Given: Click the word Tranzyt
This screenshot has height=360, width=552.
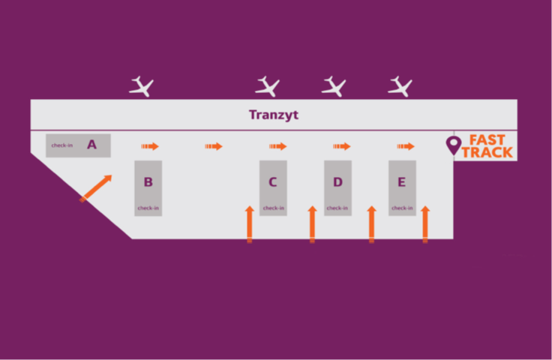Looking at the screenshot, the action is [274, 115].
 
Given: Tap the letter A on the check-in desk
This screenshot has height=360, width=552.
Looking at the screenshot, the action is [92, 145].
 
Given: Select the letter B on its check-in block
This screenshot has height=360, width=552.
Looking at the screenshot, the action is [148, 182].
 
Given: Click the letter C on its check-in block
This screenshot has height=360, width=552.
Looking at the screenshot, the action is [273, 182].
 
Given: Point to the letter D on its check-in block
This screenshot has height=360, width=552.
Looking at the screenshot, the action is [337, 182].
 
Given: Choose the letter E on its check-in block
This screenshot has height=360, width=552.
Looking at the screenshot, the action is [402, 182].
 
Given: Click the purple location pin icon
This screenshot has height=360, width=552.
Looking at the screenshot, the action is [454, 145].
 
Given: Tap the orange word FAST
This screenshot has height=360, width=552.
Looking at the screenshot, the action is [487, 140].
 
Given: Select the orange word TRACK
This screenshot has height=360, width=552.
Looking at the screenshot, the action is [487, 152].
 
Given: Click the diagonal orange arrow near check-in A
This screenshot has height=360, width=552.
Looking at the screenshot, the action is [96, 188].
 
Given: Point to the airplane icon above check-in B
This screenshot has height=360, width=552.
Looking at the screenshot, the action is [142, 86].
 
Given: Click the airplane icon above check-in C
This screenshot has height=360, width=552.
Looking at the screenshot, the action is [268, 86].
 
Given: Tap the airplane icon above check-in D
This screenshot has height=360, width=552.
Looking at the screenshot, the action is [334, 86].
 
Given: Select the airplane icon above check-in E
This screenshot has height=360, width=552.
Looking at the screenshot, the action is [400, 86].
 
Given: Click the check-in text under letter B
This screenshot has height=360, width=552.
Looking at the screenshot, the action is [148, 208].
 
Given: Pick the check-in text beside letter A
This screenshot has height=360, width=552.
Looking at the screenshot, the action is [62, 145].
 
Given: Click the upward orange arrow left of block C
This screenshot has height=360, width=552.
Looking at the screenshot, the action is [250, 224].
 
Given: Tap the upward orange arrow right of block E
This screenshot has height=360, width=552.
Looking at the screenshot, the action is [425, 224].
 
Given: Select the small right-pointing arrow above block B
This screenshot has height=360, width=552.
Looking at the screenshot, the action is [150, 146].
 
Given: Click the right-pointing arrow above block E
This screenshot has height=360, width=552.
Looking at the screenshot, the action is [406, 146].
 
